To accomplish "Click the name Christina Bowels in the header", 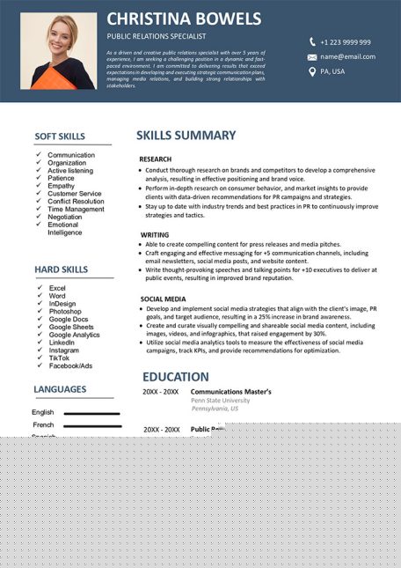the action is [x=184, y=18].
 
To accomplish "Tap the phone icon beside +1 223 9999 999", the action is [x=311, y=42].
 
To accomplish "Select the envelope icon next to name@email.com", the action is [x=311, y=56].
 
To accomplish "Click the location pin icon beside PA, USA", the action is [x=311, y=71].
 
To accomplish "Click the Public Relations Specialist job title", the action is [x=156, y=36].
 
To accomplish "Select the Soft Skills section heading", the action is [x=60, y=136].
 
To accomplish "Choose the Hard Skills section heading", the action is [x=61, y=269].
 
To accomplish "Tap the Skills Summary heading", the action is [x=186, y=136].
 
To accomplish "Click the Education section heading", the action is [x=176, y=376].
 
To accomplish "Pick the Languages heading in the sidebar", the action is [x=60, y=389].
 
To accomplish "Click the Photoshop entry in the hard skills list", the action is [x=65, y=312].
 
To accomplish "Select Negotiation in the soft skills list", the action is [x=65, y=217].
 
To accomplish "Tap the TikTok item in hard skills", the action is [x=59, y=358].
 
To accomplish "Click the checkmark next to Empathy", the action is [x=39, y=186].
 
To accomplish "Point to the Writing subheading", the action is [x=155, y=235].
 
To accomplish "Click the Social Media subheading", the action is [x=163, y=299].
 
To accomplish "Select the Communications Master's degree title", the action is [x=231, y=391].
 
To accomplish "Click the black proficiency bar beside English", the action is [x=91, y=413].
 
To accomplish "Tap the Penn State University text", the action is [x=220, y=401].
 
